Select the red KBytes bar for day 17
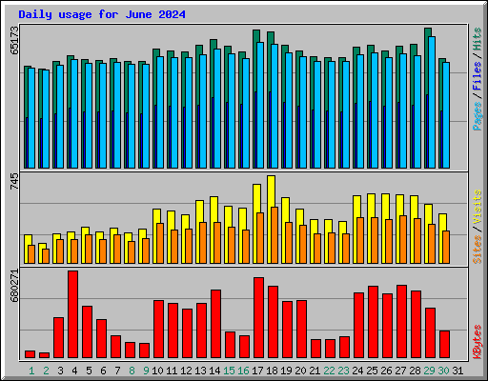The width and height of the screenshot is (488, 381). click(258, 317)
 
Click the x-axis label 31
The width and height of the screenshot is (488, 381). click(458, 370)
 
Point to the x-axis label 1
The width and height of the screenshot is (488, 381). click(31, 370)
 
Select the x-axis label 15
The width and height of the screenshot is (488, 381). click(230, 370)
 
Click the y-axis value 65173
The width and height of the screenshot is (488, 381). click(13, 46)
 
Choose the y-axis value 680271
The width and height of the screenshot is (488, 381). click(13, 289)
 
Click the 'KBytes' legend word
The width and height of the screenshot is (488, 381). click(477, 340)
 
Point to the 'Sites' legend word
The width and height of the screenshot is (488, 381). click(477, 247)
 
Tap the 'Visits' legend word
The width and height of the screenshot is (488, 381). click(477, 209)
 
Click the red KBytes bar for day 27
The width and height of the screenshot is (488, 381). click(401, 321)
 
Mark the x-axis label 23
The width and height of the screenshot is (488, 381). click(344, 370)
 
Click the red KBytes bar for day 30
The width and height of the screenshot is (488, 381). click(444, 344)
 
